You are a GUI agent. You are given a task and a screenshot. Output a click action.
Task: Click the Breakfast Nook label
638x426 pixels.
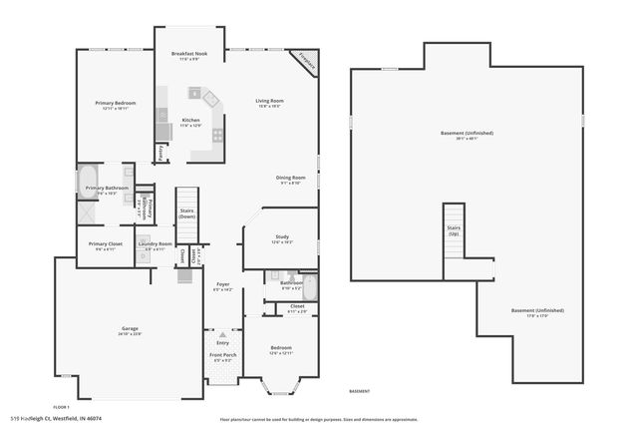pos(188,55)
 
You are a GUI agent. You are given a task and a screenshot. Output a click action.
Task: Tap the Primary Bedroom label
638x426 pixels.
pos(116,104)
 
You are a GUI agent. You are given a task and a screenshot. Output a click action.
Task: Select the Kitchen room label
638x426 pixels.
pos(190,122)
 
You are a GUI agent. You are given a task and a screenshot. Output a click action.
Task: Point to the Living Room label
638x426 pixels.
pos(269,101)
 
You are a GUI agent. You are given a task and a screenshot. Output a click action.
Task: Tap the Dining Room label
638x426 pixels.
pos(290,179)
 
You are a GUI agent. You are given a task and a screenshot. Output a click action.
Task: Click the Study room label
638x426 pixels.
pos(282,236)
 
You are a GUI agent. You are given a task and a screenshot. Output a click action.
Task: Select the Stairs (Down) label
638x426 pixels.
pos(186,213)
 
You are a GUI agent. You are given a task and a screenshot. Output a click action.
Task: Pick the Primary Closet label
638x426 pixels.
pos(105,244)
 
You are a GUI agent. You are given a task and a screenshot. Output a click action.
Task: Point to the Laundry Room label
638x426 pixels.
pos(156,244)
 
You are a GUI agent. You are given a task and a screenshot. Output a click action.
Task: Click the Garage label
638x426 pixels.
pos(130,329)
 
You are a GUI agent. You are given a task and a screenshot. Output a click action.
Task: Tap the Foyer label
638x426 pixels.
pos(223,285)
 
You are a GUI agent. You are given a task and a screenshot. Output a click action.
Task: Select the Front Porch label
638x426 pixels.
pos(222,356)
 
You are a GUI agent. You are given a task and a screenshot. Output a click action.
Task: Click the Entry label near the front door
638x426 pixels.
pos(222,342)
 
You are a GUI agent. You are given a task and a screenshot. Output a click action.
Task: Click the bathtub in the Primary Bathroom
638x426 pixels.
pos(88,182)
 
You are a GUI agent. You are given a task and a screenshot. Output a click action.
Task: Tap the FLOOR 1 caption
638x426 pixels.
pos(61,407)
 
